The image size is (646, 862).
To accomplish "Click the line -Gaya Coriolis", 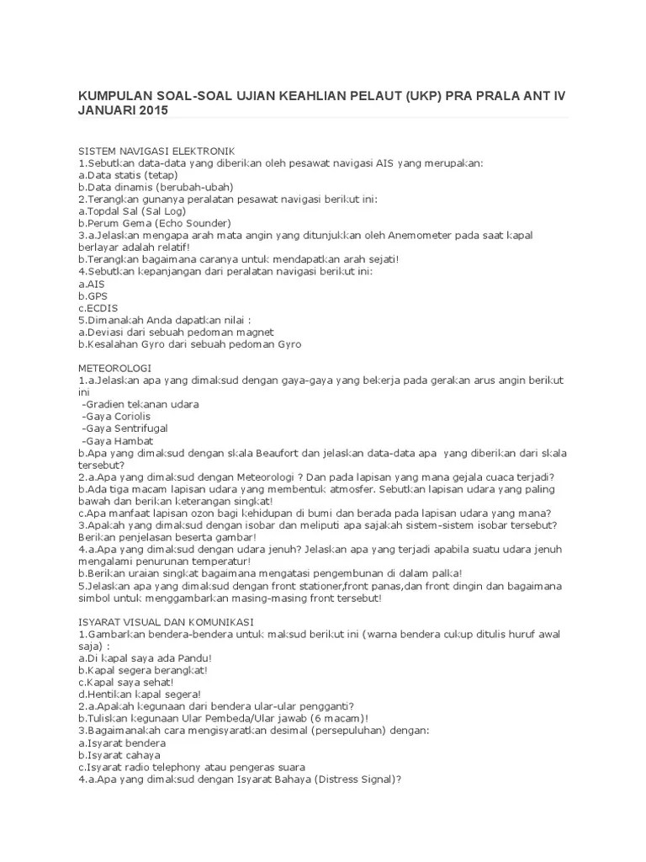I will tap(118, 417).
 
